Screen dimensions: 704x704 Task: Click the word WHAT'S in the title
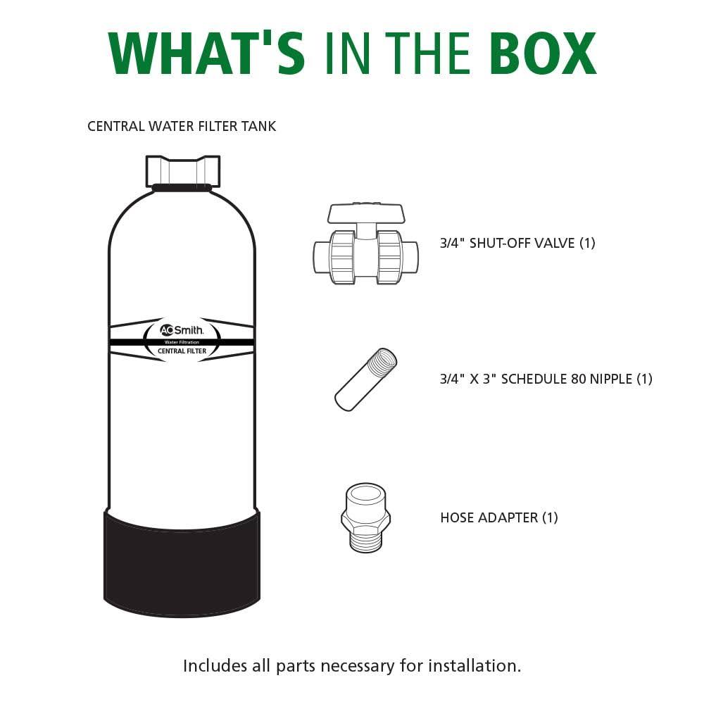click(206, 53)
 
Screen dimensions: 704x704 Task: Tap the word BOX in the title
click(543, 53)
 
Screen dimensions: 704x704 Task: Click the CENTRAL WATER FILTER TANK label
click(182, 126)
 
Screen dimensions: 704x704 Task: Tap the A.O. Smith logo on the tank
click(182, 330)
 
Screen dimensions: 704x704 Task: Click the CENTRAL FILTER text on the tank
click(182, 351)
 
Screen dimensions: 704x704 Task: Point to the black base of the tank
click(182, 563)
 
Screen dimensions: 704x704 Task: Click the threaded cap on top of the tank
click(183, 172)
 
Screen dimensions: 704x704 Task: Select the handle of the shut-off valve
click(366, 214)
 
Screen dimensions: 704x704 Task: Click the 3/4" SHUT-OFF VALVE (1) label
click(517, 244)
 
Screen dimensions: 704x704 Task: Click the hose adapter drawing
click(366, 517)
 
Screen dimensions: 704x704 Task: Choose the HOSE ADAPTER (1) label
click(499, 517)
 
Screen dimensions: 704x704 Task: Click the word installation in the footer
click(474, 665)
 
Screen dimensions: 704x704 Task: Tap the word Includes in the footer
click(215, 665)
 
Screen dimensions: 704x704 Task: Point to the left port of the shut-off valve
click(321, 257)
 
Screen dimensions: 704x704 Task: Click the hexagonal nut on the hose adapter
click(366, 519)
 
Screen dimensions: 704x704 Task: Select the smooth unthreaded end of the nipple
click(346, 398)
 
